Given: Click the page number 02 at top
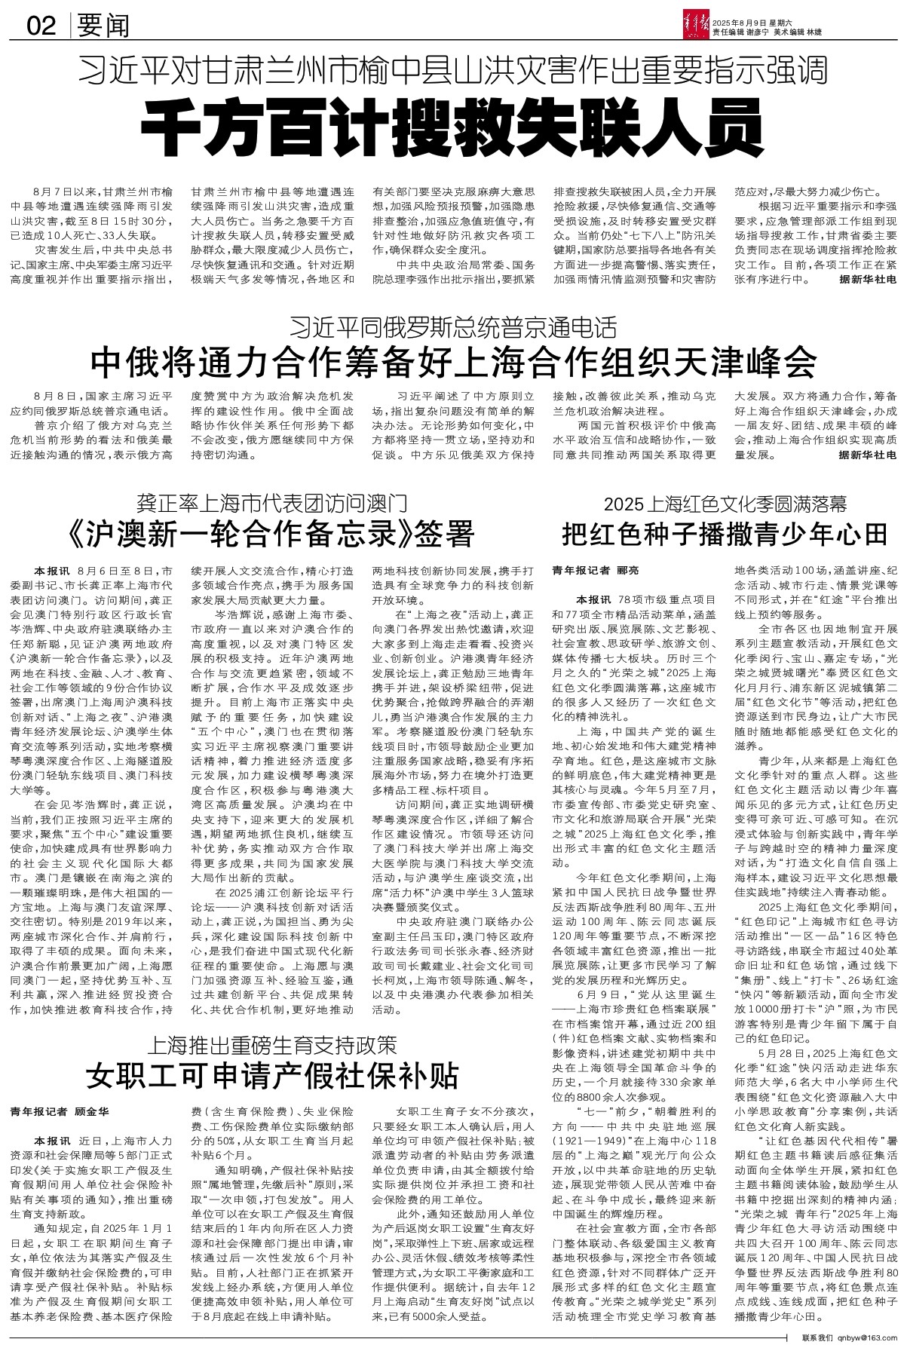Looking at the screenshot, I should [x=41, y=26].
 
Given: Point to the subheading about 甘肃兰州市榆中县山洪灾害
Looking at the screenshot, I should [x=453, y=72].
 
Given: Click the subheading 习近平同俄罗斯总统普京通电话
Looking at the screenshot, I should [x=453, y=328].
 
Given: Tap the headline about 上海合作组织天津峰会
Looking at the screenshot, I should [x=453, y=363].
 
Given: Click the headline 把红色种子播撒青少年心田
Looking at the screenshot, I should [x=724, y=534].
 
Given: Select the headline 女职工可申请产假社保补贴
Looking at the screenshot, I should [x=271, y=1077].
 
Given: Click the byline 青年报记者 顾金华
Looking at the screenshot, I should [x=60, y=1111].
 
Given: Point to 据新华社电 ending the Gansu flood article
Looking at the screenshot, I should [x=868, y=279].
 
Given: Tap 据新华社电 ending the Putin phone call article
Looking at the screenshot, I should [x=868, y=455].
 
